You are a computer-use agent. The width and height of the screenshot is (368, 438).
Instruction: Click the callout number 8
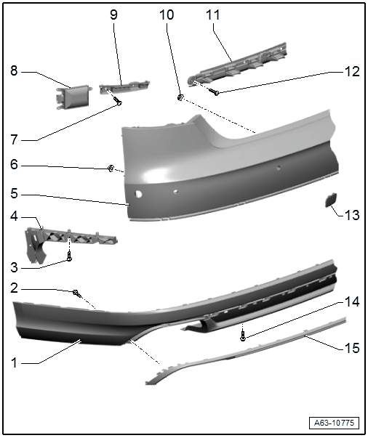[x=14, y=71]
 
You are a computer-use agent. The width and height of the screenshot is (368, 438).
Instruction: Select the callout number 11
[x=213, y=15]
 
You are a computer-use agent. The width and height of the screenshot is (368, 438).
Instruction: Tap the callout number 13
[x=352, y=216]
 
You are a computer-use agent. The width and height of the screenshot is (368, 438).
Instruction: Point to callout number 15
[x=352, y=348]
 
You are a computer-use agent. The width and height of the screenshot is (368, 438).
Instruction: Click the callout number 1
[x=14, y=363]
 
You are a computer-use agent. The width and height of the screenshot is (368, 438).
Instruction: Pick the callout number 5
[x=14, y=193]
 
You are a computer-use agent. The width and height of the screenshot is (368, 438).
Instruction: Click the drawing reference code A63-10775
[x=334, y=423]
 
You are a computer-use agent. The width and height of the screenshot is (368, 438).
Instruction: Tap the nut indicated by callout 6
[x=111, y=169]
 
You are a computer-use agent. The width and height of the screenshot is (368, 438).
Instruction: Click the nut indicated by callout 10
[x=180, y=97]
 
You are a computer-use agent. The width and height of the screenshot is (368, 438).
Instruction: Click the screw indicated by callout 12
[x=213, y=91]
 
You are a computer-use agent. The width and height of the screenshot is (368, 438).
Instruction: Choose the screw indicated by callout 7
[x=117, y=100]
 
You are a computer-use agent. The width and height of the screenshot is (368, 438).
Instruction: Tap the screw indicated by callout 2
[x=76, y=294]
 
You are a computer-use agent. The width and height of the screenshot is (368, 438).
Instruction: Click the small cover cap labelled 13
[x=331, y=200]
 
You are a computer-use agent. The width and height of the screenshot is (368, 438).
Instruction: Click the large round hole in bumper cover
[x=138, y=194]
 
